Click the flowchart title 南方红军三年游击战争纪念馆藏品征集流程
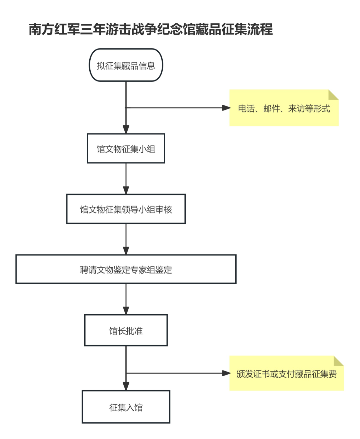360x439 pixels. (x=151, y=29)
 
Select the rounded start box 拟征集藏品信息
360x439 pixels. (x=126, y=65)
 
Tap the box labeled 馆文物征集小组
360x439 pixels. (x=126, y=149)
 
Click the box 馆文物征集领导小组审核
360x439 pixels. (x=126, y=209)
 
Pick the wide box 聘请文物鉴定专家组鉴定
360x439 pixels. (x=126, y=270)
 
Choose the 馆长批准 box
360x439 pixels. (x=126, y=331)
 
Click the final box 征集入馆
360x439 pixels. (x=126, y=407)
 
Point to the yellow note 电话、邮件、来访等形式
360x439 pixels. (x=284, y=108)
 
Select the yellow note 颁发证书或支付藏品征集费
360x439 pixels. (x=286, y=374)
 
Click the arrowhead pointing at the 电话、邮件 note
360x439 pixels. (x=226, y=108)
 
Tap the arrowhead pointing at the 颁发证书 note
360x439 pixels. (x=226, y=373)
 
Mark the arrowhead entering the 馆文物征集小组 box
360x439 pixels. (x=126, y=129)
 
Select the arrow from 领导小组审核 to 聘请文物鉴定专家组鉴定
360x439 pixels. (x=126, y=240)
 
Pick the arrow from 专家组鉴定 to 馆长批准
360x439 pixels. (x=126, y=299)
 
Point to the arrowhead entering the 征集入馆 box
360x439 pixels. (x=126, y=386)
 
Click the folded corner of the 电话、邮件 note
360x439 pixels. (x=333, y=95)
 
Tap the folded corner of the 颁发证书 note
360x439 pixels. (x=338, y=361)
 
